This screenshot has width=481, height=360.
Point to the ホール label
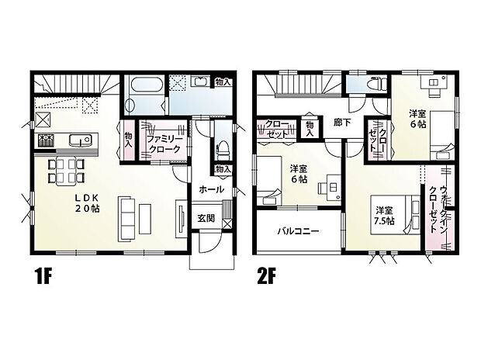pyautogui.click(x=212, y=189)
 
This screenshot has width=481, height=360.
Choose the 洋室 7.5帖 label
pyautogui.click(x=383, y=215)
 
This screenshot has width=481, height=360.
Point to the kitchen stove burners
pyautogui.click(x=45, y=140)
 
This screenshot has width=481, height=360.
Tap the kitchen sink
pyautogui.click(x=79, y=140)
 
